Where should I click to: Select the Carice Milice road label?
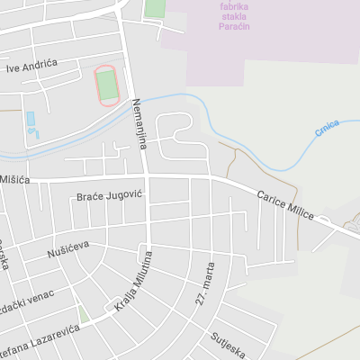[x=284, y=204]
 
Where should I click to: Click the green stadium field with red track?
[x=108, y=85]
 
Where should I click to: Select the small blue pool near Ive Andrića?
[x=31, y=119]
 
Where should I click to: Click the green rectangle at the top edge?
[x=155, y=8]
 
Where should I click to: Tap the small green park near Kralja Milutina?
[x=83, y=314]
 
